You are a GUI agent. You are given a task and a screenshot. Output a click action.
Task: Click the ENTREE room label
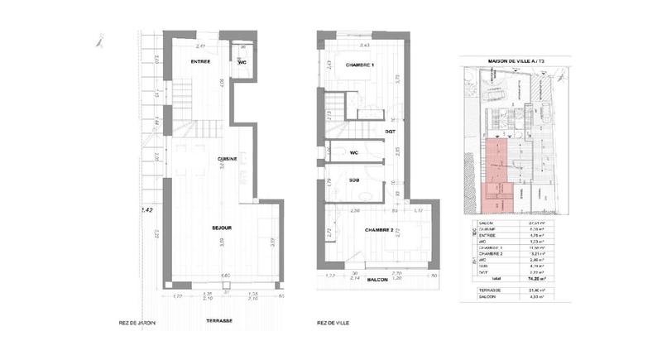[200, 62]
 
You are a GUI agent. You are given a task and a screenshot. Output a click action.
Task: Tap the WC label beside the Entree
[242, 62]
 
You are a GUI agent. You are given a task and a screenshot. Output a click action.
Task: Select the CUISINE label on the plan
[228, 159]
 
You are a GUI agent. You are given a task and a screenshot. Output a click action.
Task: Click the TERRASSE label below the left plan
[219, 320]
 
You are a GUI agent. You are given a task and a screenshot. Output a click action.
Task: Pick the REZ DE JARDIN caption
[137, 323]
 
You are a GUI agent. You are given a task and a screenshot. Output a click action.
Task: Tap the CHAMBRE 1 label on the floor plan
[361, 65]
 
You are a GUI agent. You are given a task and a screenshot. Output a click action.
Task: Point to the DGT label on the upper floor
[390, 131]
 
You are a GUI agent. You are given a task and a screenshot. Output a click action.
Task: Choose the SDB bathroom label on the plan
[353, 180]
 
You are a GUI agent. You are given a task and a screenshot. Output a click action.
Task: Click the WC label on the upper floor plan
[353, 152]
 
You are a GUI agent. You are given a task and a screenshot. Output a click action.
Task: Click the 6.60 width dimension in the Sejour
[224, 276]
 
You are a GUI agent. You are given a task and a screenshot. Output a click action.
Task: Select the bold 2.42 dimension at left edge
[147, 210]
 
